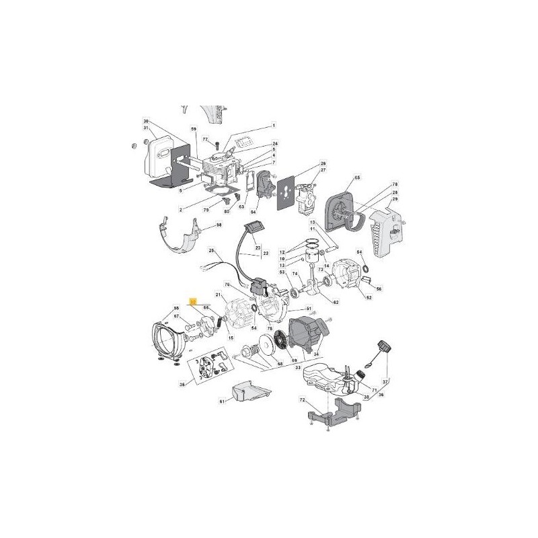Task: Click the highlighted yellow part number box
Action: click(193, 303)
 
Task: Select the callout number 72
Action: click(303, 400)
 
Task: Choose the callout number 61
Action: click(221, 401)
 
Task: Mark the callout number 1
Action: click(274, 125)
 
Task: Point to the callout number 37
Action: click(385, 381)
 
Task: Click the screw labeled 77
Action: click(218, 143)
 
